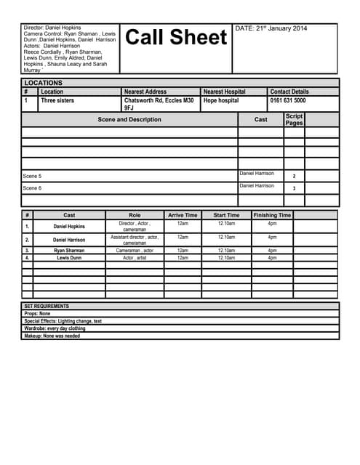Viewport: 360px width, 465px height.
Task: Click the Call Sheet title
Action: (176, 38)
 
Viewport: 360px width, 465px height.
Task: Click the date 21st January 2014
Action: (271, 28)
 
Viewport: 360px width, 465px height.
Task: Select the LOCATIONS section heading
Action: (43, 83)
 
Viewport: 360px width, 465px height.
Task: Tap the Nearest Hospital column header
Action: (224, 92)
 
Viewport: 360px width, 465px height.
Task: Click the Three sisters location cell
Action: (57, 101)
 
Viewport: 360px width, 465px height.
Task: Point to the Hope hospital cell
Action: (221, 101)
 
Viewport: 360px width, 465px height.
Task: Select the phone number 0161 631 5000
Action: (288, 101)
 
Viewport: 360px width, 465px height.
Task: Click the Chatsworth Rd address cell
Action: (159, 104)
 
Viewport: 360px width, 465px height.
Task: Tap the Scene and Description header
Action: (129, 119)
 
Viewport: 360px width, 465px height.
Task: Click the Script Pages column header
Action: (294, 120)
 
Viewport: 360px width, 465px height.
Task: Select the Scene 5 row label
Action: (33, 177)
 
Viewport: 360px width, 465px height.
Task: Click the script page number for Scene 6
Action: (294, 188)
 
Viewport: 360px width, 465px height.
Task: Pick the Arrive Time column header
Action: (183, 215)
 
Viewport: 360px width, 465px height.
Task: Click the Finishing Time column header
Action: (272, 215)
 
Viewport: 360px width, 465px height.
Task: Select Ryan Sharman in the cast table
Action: (69, 251)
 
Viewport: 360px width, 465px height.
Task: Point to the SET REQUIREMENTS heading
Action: (47, 307)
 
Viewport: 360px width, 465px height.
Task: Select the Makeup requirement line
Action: (52, 336)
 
